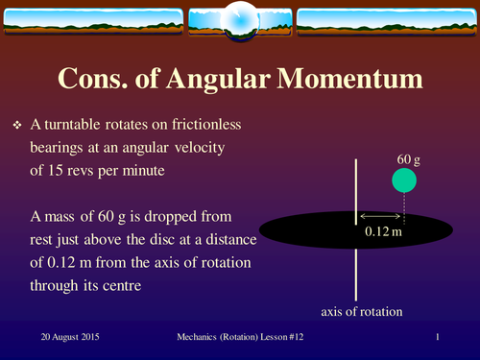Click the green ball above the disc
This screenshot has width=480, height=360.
pos(404,180)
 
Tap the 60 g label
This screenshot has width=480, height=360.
pos(408,158)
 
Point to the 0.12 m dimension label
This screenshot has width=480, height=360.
pos(384,231)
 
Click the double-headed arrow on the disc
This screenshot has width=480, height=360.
pos(379,214)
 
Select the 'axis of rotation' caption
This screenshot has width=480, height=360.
pos(361,312)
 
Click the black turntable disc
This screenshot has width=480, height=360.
pos(317,230)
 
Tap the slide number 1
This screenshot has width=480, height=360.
pos(437,338)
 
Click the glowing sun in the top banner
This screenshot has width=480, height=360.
pos(239,19)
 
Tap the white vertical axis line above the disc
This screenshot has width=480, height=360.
pos(357,187)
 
